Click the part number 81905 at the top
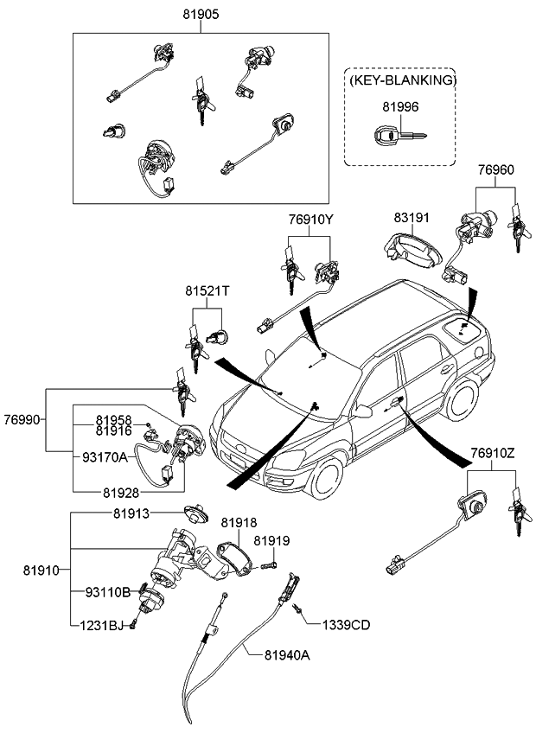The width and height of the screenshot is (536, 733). [x=201, y=14]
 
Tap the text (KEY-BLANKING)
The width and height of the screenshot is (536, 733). [x=402, y=80]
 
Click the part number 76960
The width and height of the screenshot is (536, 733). [x=495, y=171]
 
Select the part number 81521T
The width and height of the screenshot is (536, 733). [x=206, y=291]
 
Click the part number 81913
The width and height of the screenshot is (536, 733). [x=131, y=513]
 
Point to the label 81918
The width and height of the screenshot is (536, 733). [x=238, y=523]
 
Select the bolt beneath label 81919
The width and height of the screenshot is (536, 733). [x=267, y=564]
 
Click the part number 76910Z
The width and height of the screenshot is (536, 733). [x=492, y=452]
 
